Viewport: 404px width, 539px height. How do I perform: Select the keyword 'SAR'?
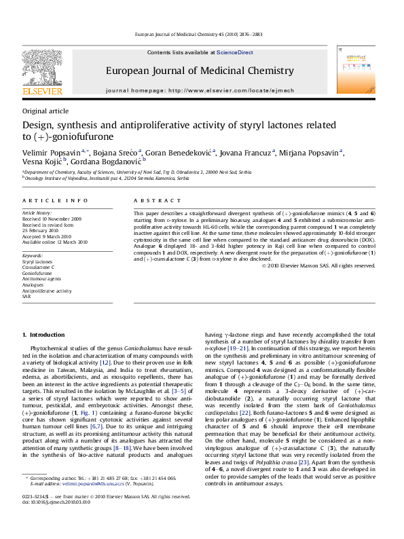click(26, 297)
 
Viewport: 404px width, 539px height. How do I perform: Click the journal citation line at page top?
click(202, 33)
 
